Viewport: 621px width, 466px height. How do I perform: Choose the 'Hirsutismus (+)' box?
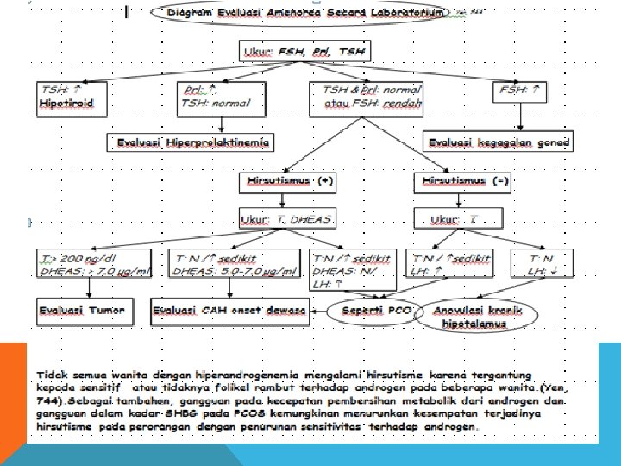pyautogui.click(x=287, y=182)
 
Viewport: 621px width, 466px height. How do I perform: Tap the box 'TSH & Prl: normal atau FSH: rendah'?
pyautogui.click(x=372, y=96)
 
